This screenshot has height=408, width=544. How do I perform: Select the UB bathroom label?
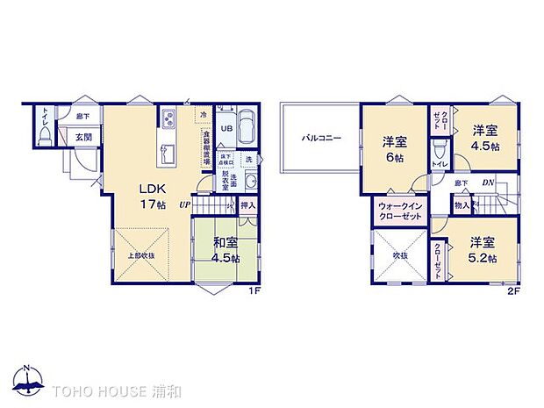coord(225,127)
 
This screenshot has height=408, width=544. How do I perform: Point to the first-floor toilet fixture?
coord(43,133)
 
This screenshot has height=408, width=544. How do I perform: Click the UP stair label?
coord(184,205)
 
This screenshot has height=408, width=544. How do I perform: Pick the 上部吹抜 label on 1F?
coord(140,255)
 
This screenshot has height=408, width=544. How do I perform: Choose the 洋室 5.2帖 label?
coord(482,250)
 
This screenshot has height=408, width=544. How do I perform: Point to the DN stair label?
coord(487,183)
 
